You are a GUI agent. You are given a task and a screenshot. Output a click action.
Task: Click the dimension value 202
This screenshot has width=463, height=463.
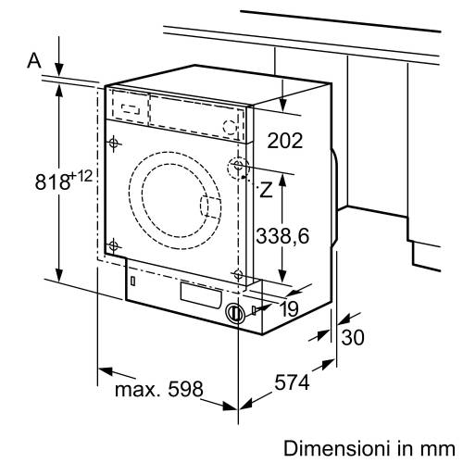tap(284, 141)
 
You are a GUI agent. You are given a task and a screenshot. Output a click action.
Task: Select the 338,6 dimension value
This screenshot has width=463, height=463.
tap(282, 236)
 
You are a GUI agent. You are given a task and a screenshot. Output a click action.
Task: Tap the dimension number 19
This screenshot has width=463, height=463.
tap(289, 308)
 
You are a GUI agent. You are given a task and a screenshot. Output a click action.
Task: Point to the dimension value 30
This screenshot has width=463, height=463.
tap(353, 337)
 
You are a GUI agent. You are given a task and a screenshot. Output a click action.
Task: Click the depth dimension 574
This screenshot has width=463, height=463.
tap(292, 382)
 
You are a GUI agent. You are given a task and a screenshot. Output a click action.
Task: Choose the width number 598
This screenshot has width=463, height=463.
tap(185, 389)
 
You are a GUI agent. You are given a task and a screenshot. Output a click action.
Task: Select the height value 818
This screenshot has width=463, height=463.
tap(53, 181)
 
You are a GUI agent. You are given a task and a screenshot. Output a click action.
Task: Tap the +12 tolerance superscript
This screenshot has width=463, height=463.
tap(81, 176)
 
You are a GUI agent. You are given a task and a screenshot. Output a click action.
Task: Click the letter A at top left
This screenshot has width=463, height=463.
tap(34, 60)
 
